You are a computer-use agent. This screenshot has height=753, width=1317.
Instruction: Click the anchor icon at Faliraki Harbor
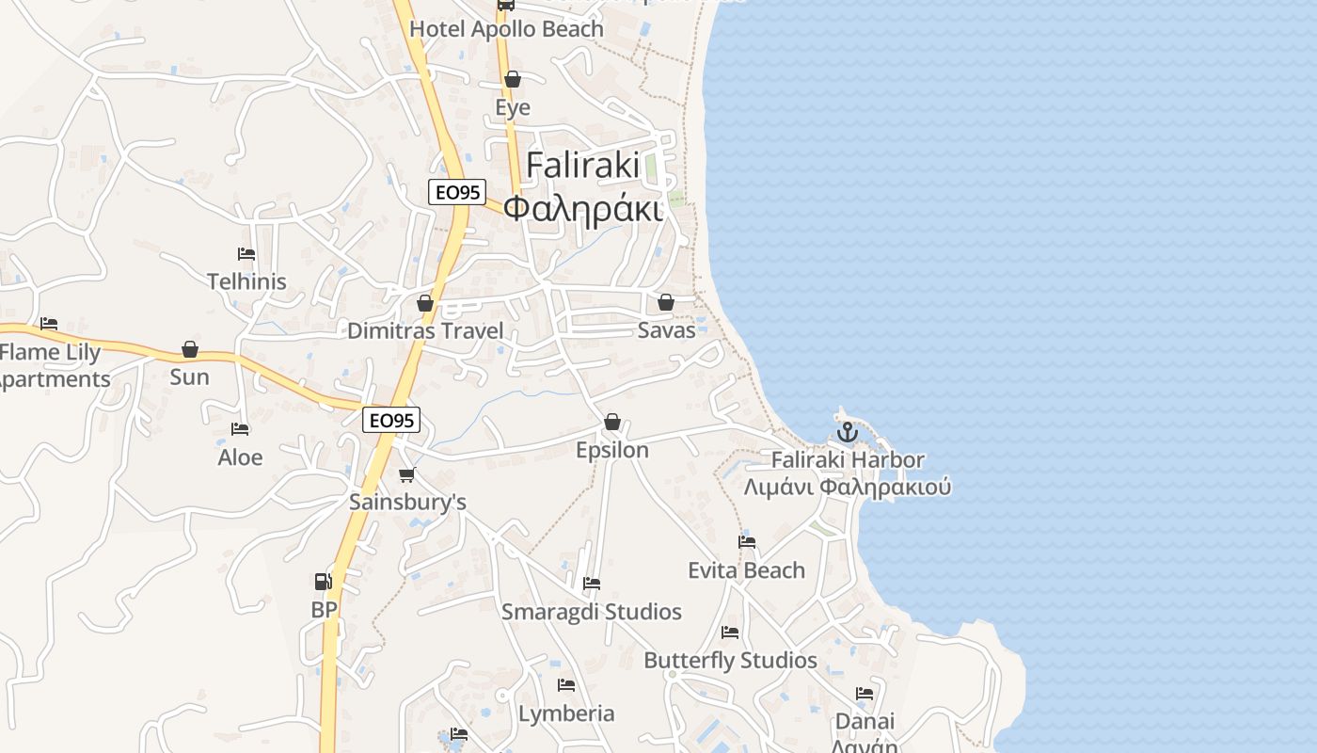tap(848, 432)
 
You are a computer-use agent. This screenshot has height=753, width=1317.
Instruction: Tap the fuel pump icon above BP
tap(323, 582)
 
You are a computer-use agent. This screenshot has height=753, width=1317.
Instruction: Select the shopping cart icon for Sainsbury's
tap(406, 474)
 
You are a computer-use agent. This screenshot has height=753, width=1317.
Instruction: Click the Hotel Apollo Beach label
tap(506, 29)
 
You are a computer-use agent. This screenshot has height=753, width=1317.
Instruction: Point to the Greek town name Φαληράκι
tap(582, 208)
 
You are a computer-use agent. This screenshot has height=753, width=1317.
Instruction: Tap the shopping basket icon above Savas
tap(666, 302)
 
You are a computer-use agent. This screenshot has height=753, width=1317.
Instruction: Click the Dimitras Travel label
tap(425, 330)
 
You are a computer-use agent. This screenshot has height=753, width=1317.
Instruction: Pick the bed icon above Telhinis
tap(246, 254)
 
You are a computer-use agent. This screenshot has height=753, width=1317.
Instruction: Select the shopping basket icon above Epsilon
tap(612, 422)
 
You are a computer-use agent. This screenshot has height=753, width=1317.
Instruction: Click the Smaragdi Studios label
tap(591, 612)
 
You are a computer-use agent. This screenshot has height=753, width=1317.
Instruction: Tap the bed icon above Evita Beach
tap(747, 542)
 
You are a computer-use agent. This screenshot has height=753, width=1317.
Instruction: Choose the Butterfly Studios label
tap(730, 660)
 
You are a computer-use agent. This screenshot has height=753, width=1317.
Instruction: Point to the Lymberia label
tap(566, 713)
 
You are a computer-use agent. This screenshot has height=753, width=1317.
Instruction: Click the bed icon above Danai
tap(865, 694)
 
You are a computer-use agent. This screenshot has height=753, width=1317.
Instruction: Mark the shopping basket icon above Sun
tap(190, 349)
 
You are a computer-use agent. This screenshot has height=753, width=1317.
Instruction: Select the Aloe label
tap(240, 457)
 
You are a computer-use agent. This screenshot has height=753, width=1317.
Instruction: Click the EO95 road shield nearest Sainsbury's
tap(391, 420)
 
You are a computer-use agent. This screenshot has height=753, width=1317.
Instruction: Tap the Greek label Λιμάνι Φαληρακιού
tap(847, 488)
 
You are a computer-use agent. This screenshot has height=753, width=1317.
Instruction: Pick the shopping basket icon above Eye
tap(513, 79)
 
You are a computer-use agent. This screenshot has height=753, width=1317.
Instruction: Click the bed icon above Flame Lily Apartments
tap(49, 324)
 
